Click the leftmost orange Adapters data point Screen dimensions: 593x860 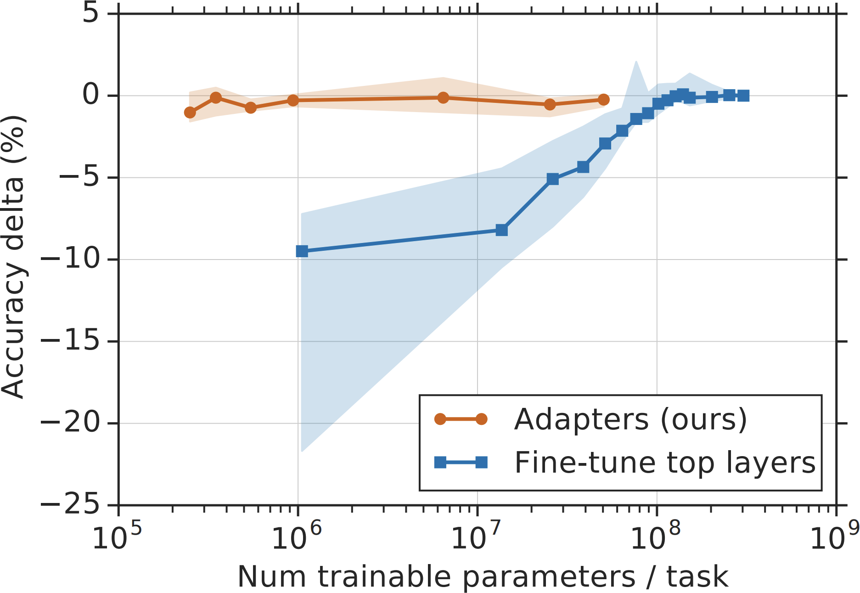pos(190,113)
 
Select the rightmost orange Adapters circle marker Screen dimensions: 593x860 pos(604,100)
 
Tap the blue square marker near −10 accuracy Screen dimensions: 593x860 pos(302,251)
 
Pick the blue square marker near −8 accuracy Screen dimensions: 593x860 pos(502,230)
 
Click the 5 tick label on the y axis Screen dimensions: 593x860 pos(90,14)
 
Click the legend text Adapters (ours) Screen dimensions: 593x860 pos(630,419)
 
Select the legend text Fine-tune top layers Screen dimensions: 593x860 pos(665,463)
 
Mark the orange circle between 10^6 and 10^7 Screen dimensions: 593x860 pos(443,97)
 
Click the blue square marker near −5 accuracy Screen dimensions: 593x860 pos(553,179)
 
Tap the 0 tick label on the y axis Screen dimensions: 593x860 pos(90,96)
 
